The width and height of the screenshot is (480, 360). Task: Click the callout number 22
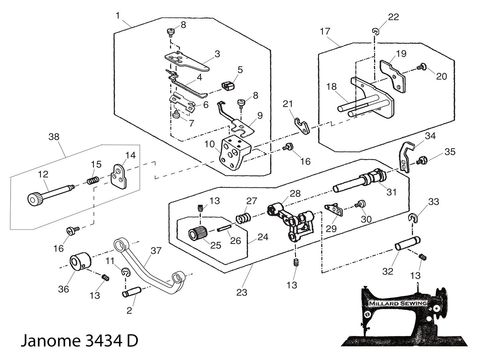[393, 17]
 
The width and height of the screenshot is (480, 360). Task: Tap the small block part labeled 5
[227, 86]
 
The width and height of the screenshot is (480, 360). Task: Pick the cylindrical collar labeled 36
[80, 262]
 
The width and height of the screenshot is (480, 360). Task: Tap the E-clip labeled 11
[126, 272]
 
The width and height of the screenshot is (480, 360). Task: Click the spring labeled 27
[243, 219]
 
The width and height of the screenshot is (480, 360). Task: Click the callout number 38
[54, 137]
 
